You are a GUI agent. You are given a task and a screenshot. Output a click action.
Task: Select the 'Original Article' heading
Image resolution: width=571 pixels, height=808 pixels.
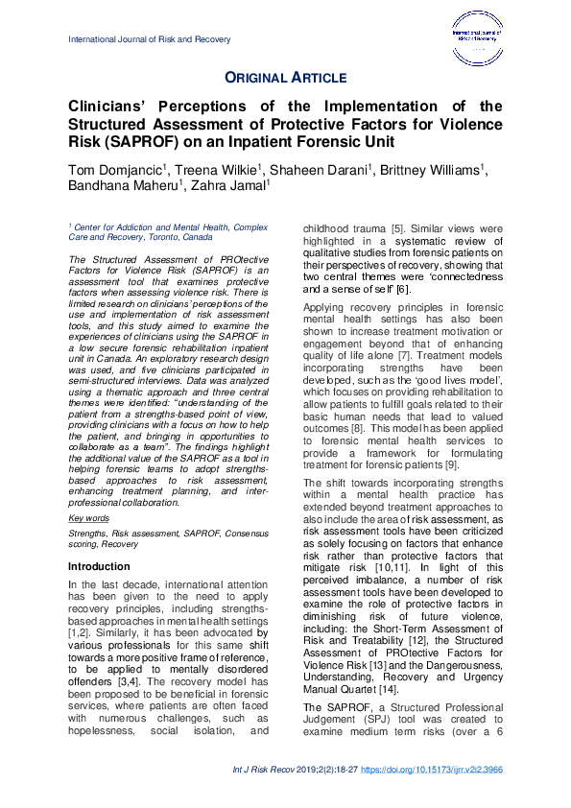pos(285,78)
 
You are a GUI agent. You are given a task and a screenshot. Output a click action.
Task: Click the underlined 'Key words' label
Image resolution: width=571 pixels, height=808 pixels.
pos(89,518)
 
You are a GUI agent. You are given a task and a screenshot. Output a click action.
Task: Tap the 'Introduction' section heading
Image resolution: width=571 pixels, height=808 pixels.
pos(99,567)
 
